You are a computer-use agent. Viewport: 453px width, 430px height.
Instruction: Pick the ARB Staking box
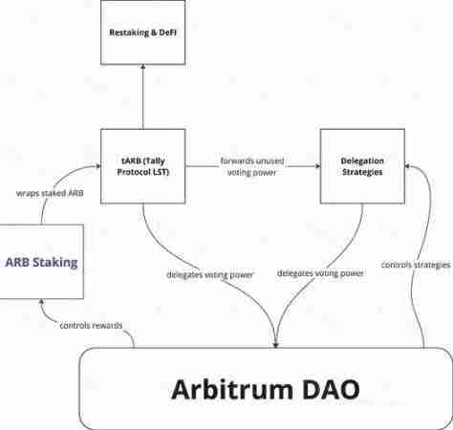pyautogui.click(x=41, y=262)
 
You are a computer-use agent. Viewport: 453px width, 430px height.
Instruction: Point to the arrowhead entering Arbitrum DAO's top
pyautogui.click(x=277, y=344)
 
